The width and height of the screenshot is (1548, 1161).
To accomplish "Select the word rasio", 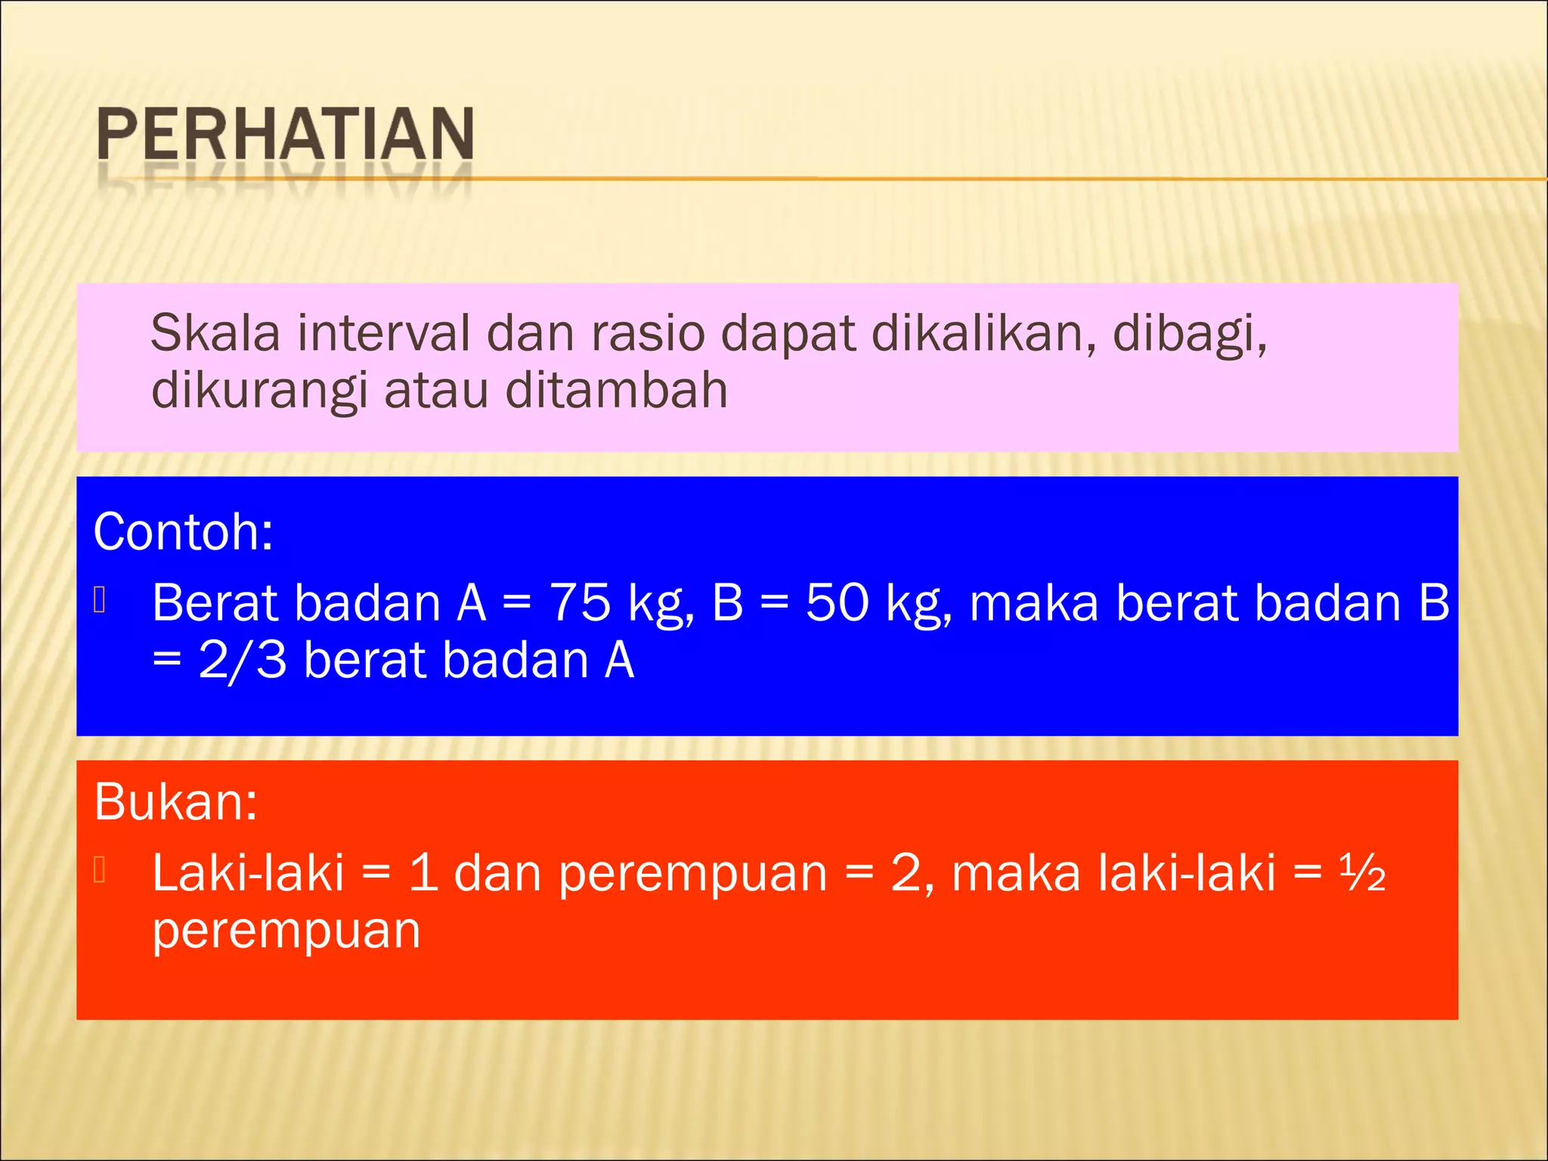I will (x=648, y=333).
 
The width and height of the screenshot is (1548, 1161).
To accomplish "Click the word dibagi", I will (x=1190, y=335).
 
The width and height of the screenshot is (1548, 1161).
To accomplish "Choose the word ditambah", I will (x=616, y=391).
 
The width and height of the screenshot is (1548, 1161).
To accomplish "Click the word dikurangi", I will (x=259, y=392).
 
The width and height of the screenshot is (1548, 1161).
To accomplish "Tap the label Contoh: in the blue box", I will (x=183, y=532).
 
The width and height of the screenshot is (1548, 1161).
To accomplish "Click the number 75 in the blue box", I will (x=580, y=604).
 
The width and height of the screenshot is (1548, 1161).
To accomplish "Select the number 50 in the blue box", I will (x=837, y=604).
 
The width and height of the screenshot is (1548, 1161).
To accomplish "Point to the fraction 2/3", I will (x=243, y=661).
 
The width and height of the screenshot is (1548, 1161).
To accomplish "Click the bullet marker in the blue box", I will (x=100, y=601).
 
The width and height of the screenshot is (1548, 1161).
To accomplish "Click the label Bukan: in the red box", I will (x=175, y=802).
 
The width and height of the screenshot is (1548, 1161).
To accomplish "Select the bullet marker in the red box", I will (x=100, y=871).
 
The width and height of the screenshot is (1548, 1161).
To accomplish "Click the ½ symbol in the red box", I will (x=1362, y=874).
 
